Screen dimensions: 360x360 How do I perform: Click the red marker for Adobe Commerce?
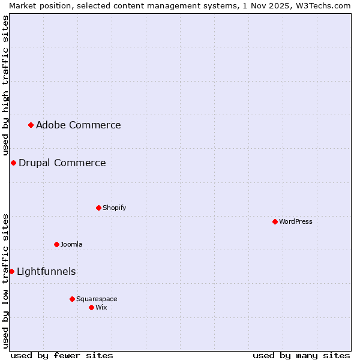31,125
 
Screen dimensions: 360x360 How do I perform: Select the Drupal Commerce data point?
13,163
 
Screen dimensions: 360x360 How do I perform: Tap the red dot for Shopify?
98,208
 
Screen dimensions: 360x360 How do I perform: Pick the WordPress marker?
275,221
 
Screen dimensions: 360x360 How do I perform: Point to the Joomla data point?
56,244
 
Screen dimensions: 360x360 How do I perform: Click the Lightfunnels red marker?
11,271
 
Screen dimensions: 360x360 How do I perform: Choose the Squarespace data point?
72,299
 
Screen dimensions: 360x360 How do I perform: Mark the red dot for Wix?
91,307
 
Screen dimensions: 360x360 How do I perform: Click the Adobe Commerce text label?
78,125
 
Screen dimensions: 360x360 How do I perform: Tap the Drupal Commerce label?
62,163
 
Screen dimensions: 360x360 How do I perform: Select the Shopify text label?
114,208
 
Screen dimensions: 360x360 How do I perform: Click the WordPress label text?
295,221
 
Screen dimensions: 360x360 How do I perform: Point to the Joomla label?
71,244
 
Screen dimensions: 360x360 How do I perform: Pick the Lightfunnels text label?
46,271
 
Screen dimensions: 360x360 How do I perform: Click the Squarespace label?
97,299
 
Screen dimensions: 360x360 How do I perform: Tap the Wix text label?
101,307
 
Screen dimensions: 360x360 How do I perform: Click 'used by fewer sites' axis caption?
62,355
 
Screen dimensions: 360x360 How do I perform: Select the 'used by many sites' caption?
301,355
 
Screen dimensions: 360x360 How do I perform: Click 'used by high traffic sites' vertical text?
5,85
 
